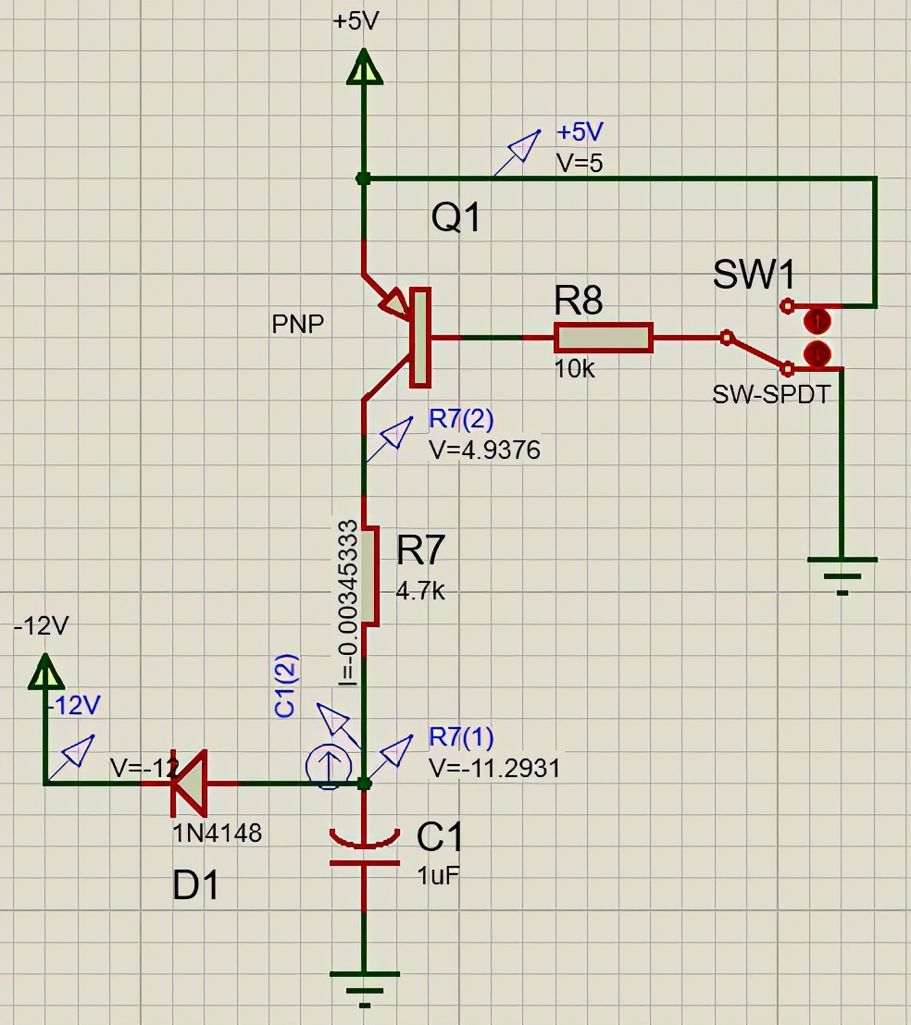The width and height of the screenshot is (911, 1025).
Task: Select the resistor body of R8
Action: (x=604, y=338)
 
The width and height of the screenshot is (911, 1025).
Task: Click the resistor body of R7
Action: (x=368, y=575)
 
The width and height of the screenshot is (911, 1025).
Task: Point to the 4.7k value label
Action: (x=420, y=590)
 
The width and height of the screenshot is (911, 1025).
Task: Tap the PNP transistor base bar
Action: (x=420, y=337)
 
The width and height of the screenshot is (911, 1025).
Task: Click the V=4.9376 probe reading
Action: (x=484, y=450)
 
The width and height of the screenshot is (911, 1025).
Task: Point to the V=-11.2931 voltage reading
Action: (x=494, y=768)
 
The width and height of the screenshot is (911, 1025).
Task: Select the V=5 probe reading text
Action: (x=580, y=163)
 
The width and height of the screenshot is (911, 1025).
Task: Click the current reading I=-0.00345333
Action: (x=347, y=602)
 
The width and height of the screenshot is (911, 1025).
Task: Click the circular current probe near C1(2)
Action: (x=328, y=768)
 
